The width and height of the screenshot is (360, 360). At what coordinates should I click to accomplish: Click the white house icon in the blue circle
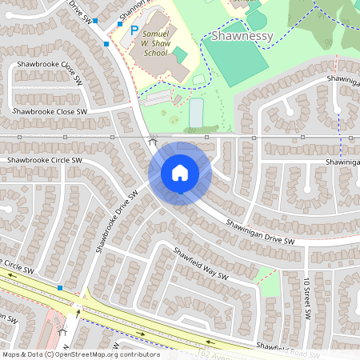180,171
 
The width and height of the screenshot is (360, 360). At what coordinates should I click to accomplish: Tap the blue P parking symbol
134,30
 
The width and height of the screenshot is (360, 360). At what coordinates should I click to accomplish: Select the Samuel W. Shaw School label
154,44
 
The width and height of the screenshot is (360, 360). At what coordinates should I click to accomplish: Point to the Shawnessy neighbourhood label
243,36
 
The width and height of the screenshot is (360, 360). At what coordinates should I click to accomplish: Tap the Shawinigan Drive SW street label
259,232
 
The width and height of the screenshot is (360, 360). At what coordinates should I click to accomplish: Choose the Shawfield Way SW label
201,263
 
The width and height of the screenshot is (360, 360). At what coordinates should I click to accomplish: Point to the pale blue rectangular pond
196,113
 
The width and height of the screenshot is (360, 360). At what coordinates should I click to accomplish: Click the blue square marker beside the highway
60,287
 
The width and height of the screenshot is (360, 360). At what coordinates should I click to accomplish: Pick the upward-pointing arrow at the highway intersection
77,314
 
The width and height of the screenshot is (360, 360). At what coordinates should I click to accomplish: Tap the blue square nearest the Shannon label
120,25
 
